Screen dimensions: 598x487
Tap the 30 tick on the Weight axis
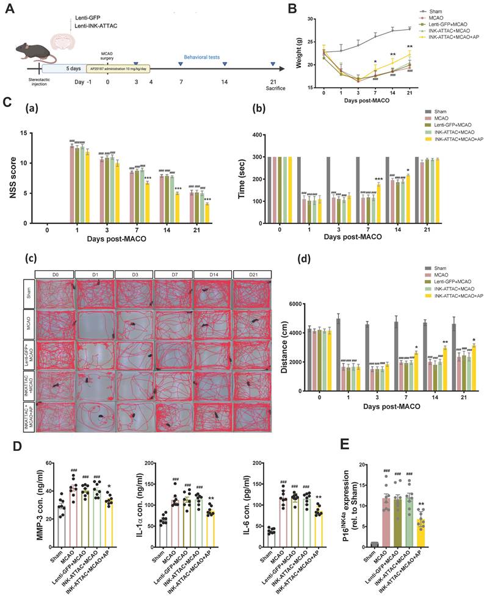tap(310, 19)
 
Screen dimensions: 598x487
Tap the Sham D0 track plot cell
tap(55, 292)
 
